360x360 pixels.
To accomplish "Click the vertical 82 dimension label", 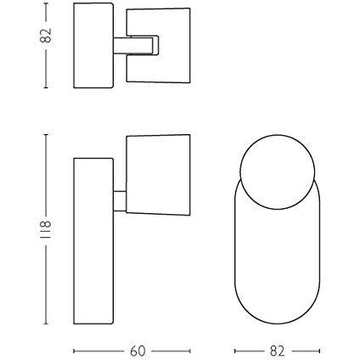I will coord(47,36).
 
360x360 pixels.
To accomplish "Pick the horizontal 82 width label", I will coord(276,349).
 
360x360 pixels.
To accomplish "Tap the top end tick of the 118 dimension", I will coord(47,133).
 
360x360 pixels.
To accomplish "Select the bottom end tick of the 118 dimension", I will coord(47,323).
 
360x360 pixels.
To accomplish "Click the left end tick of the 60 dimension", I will coord(75,349).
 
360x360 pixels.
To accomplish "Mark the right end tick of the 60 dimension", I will coord(189,349).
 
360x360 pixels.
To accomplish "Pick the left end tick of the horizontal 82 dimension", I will coord(233,349).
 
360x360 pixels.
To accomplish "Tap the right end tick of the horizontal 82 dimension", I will coord(319,349).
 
